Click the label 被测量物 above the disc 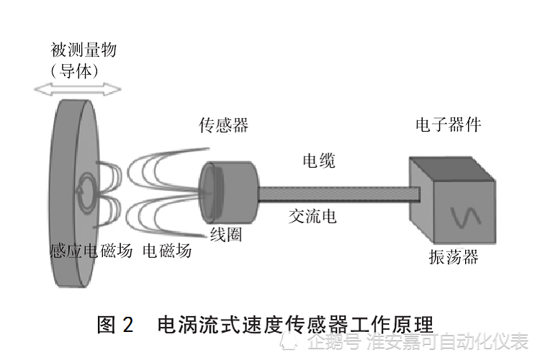84,50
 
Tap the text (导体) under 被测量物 75,71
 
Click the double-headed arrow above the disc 78,89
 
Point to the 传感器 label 224,125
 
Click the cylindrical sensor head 229,192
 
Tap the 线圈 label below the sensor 226,235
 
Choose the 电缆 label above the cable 319,161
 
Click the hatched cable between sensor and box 339,194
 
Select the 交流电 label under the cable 312,216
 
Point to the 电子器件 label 448,125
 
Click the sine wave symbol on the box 466,218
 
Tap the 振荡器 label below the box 454,257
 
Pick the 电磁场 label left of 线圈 167,251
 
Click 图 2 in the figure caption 115,325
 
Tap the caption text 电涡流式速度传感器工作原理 295,325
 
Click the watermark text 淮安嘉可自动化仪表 447,342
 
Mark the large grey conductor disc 75,193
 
